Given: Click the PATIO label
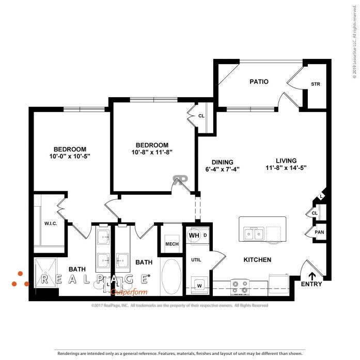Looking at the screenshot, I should pos(259,82).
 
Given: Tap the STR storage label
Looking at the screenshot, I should pos(315,84).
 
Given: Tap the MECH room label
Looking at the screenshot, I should pos(171,244).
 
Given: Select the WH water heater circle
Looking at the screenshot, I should pos(194,236).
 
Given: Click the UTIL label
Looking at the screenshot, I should pos(196,259).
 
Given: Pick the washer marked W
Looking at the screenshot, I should pos(199,284).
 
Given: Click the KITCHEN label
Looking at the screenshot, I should pos(257,260).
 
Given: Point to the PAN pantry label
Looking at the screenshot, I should pos(320,232).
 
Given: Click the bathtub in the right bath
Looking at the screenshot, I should pos(171,277).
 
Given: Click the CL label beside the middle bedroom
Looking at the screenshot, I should pos(201,116).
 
